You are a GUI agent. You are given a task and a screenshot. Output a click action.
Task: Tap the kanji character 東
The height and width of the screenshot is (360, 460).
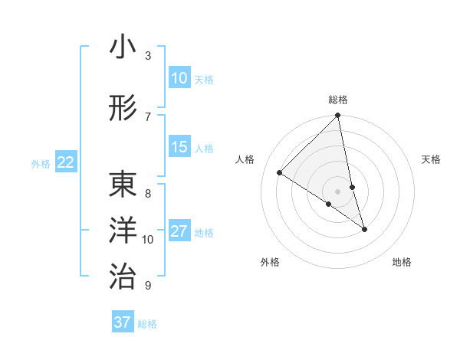pyautogui.click(x=123, y=186)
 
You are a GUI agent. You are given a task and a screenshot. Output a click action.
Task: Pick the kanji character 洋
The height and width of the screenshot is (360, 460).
pyautogui.click(x=123, y=230)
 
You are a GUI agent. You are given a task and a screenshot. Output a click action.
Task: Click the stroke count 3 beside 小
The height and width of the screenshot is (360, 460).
pyautogui.click(x=148, y=55)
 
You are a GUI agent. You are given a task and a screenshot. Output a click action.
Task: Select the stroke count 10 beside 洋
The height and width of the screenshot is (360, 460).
pyautogui.click(x=148, y=239)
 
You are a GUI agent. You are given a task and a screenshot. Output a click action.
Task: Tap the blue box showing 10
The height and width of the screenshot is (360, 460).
pyautogui.click(x=179, y=78)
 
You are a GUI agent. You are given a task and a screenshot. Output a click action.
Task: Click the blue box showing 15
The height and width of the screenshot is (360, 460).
pyautogui.click(x=179, y=147)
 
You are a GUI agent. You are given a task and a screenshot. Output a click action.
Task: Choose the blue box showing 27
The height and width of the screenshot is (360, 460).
pyautogui.click(x=179, y=231)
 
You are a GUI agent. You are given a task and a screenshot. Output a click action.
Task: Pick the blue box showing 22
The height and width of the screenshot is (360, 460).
pyautogui.click(x=66, y=162)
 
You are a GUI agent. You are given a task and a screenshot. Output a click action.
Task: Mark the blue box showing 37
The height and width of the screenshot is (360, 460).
pyautogui.click(x=122, y=322)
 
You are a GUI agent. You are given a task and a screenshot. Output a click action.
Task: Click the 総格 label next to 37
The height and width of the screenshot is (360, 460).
pyautogui.click(x=147, y=324)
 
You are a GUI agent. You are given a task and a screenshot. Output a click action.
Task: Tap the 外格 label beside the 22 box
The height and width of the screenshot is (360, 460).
pyautogui.click(x=40, y=163)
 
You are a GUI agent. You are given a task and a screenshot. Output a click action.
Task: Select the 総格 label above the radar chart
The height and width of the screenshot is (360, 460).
pyautogui.click(x=337, y=100)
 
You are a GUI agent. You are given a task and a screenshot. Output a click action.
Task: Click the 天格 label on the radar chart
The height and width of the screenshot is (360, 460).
pyautogui.click(x=431, y=159)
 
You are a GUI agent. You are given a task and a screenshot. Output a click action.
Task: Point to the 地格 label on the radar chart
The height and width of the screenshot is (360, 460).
pyautogui.click(x=402, y=262)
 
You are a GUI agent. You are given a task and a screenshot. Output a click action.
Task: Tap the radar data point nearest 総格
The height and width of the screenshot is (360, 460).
pyautogui.click(x=337, y=116)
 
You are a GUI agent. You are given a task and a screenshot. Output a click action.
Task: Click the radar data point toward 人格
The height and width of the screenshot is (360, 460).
pyautogui.click(x=280, y=173)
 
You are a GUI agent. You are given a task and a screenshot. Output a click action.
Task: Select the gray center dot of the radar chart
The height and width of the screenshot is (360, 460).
pyautogui.click(x=337, y=191)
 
